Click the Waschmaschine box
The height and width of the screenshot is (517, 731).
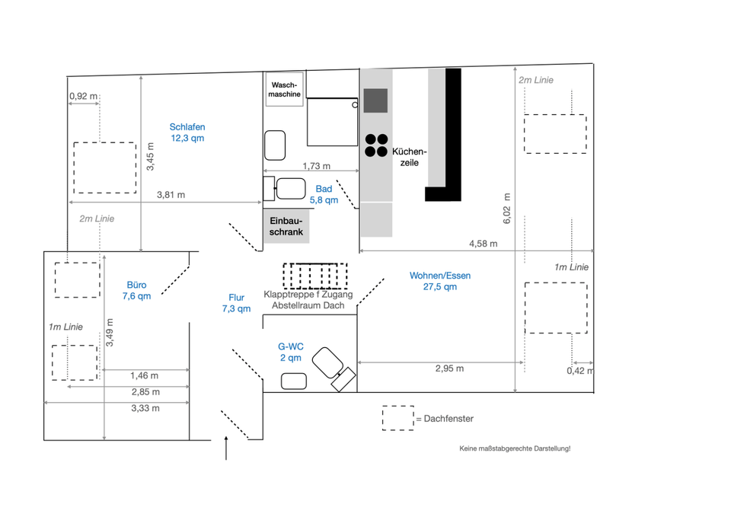[x=284, y=89]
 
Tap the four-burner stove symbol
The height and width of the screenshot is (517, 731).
[x=376, y=145]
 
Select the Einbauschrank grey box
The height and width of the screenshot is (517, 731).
[x=286, y=226]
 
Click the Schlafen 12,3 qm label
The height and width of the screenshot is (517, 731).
[x=187, y=132]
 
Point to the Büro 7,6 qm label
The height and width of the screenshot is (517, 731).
[x=136, y=290]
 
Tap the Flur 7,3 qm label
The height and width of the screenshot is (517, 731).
[x=236, y=303]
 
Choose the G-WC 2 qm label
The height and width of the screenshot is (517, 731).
[x=290, y=352]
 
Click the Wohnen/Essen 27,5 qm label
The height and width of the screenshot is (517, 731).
[x=440, y=281]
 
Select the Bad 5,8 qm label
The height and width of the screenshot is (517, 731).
[x=324, y=194]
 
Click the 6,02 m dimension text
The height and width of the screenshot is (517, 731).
[x=507, y=209]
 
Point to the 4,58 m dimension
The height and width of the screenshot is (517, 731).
[x=483, y=244]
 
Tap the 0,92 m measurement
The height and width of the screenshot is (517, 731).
[x=84, y=97]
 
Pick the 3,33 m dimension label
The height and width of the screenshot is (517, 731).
[x=145, y=408]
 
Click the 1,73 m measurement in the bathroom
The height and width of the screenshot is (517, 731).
[x=317, y=166]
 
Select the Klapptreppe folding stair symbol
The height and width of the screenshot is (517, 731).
[x=315, y=276]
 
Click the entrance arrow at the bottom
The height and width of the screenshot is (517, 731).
[x=226, y=448]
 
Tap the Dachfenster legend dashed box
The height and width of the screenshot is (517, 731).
[x=398, y=418]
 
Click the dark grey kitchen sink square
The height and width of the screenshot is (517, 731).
[x=375, y=101]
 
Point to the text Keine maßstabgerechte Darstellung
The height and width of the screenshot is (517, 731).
[x=515, y=448]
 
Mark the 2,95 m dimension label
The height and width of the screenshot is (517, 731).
[x=449, y=369]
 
